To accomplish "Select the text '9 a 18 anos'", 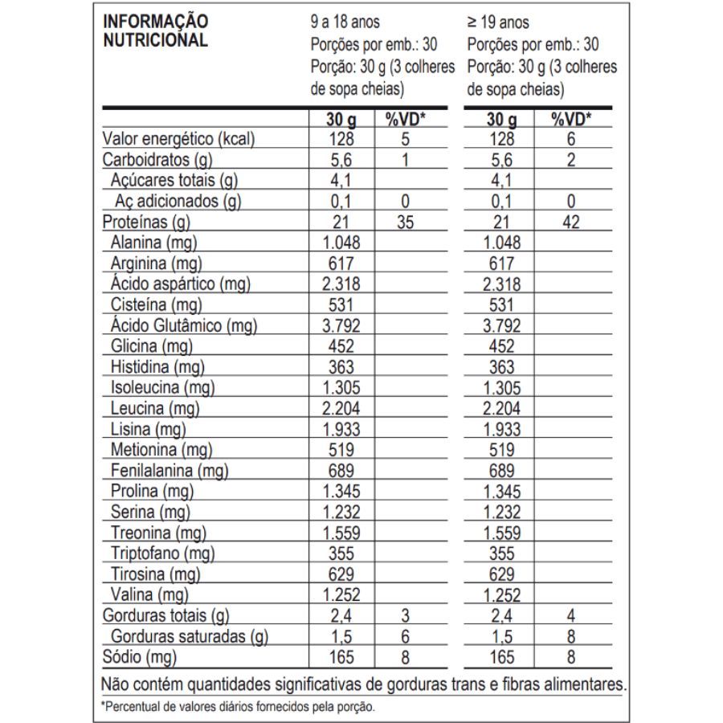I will pyautogui.click(x=345, y=22).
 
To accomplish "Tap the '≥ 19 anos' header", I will pyautogui.click(x=497, y=22).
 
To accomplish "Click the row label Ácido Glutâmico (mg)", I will pyautogui.click(x=183, y=326).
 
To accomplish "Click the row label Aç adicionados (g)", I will pyautogui.click(x=178, y=202).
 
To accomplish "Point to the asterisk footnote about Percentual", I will pyautogui.click(x=238, y=708).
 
